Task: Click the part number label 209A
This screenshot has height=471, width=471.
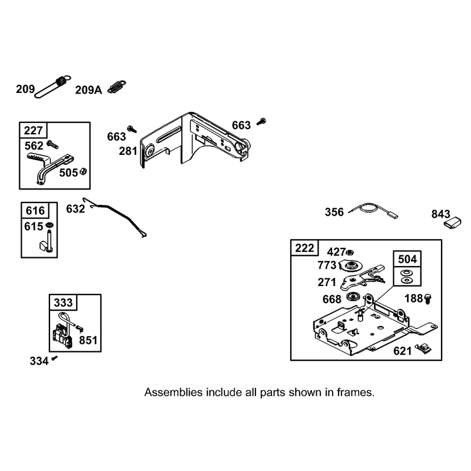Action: pyautogui.click(x=88, y=90)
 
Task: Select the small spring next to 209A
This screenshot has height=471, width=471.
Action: pyautogui.click(x=117, y=87)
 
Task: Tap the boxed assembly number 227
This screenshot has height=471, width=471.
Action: pyautogui.click(x=34, y=130)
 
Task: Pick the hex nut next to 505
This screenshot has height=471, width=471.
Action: pyautogui.click(x=83, y=172)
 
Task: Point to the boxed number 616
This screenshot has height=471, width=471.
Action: pyautogui.click(x=35, y=211)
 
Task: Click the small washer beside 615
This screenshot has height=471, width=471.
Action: pyautogui.click(x=49, y=225)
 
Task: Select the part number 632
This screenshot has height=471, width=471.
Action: pyautogui.click(x=75, y=209)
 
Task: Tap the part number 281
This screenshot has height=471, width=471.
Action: pyautogui.click(x=128, y=151)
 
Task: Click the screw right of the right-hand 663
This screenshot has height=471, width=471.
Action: pyautogui.click(x=261, y=121)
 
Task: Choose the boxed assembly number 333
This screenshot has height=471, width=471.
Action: pyautogui.click(x=63, y=303)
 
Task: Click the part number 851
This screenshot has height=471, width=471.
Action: pyautogui.click(x=88, y=340)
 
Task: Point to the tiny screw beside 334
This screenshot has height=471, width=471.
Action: pyautogui.click(x=54, y=358)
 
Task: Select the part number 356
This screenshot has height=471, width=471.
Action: pyautogui.click(x=334, y=212)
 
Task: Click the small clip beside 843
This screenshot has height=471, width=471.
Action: pyautogui.click(x=453, y=223)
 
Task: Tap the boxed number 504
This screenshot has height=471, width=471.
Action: pyautogui.click(x=407, y=259)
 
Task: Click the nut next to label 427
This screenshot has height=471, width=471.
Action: pyautogui.click(x=350, y=252)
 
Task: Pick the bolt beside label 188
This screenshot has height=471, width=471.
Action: pyautogui.click(x=428, y=299)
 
